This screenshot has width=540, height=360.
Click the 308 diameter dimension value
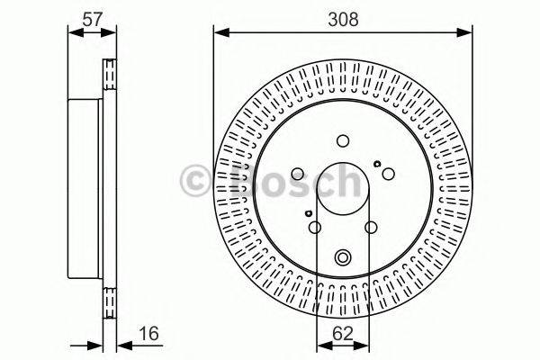pos(343,17)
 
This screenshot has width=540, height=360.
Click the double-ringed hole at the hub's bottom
pos(343,258)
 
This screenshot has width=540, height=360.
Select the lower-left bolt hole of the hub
pos(315,228)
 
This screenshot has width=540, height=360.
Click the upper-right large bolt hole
pos(388,174)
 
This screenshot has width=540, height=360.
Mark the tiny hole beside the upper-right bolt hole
pos(377,164)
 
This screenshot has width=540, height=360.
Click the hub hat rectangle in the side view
pos(87,188)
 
